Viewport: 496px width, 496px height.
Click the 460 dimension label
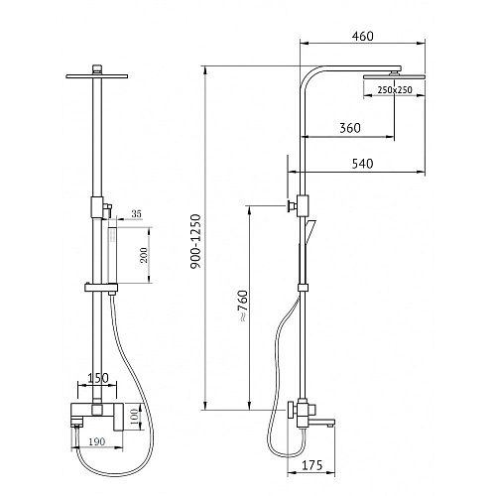coord(363,36)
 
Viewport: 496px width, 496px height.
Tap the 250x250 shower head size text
coord(395,89)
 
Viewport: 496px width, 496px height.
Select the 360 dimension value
coord(350,128)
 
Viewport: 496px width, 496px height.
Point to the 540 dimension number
coord(362,164)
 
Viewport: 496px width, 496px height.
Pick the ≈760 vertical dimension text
coord(243,306)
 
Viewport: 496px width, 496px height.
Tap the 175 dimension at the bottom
coord(311,465)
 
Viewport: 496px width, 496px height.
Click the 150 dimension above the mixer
coord(98,378)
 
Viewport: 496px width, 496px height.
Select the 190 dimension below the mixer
coord(97,441)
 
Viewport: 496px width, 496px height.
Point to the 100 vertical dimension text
coord(134,418)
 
